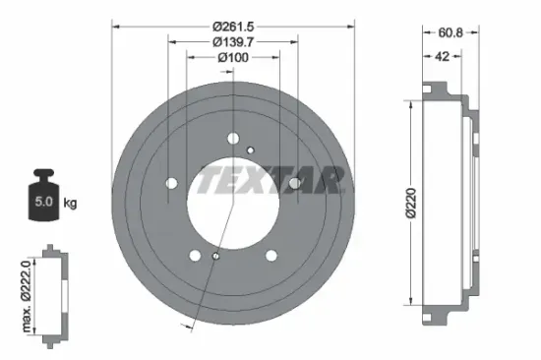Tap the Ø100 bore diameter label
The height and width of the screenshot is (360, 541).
pos(232,59)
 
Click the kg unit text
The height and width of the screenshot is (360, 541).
pos(70,204)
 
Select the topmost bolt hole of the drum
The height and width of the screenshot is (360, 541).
pos(232,138)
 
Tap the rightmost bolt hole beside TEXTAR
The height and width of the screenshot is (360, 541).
pos(294,183)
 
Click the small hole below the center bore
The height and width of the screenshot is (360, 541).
pos(214,258)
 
